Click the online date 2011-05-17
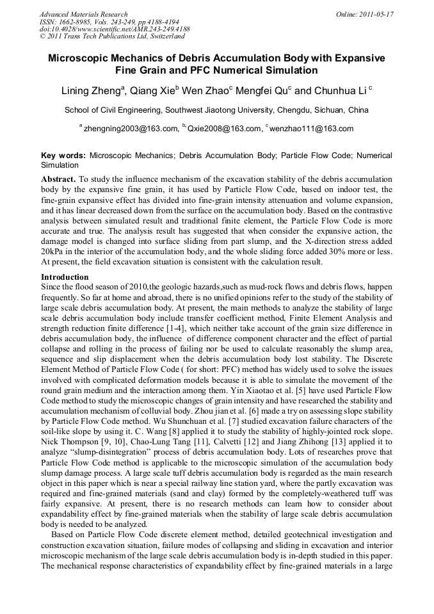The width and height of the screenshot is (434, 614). [x=378, y=13]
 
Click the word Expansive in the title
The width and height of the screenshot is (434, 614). [x=355, y=58]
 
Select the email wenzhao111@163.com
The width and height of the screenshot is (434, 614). [x=311, y=129]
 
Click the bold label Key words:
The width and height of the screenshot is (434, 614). [x=63, y=156]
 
